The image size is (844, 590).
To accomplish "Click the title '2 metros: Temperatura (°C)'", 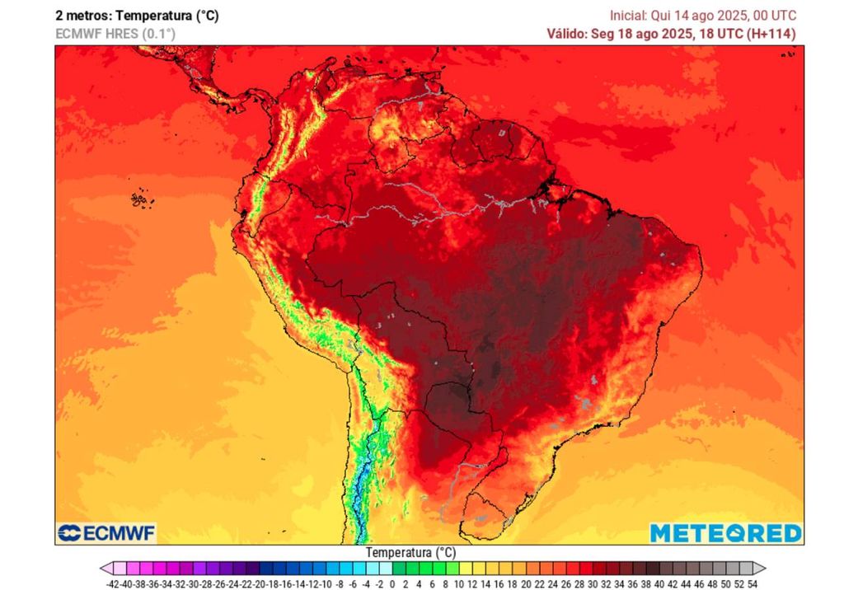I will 137,16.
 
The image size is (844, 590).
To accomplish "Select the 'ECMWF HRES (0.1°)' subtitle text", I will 115,34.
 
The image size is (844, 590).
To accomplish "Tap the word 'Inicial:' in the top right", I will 628,16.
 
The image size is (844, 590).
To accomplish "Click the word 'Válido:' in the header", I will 568,34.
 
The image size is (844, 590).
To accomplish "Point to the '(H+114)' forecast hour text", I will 771,34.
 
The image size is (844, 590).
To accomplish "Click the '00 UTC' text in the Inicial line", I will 776,16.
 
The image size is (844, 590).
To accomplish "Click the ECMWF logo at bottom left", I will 106,533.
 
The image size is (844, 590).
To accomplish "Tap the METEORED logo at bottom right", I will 725,533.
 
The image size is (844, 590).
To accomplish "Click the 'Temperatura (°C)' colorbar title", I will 410,552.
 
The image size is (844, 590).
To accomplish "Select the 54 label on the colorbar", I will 752,583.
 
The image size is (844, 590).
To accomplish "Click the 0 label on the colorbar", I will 392,583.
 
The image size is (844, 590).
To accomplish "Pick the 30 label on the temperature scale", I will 592,583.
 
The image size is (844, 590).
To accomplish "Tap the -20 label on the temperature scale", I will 259,583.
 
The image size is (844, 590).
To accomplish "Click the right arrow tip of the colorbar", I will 764,568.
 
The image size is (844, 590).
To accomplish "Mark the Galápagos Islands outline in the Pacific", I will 139,199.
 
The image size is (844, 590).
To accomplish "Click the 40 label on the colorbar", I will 659,583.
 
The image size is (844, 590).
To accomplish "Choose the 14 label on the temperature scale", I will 485,583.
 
